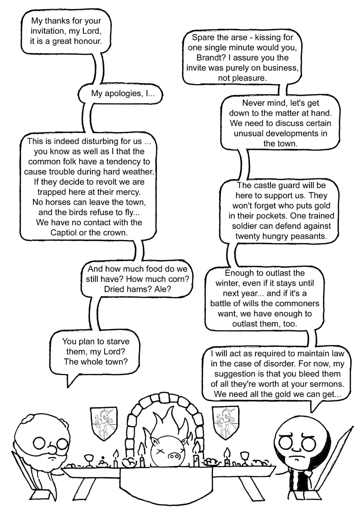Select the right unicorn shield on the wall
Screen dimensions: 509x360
(x=225, y=423)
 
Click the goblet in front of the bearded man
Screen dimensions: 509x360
(x=89, y=459)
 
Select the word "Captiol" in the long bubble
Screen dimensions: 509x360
(x=63, y=232)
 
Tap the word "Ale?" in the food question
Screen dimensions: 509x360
(x=162, y=289)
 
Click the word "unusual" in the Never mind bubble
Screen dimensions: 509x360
(x=248, y=134)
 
